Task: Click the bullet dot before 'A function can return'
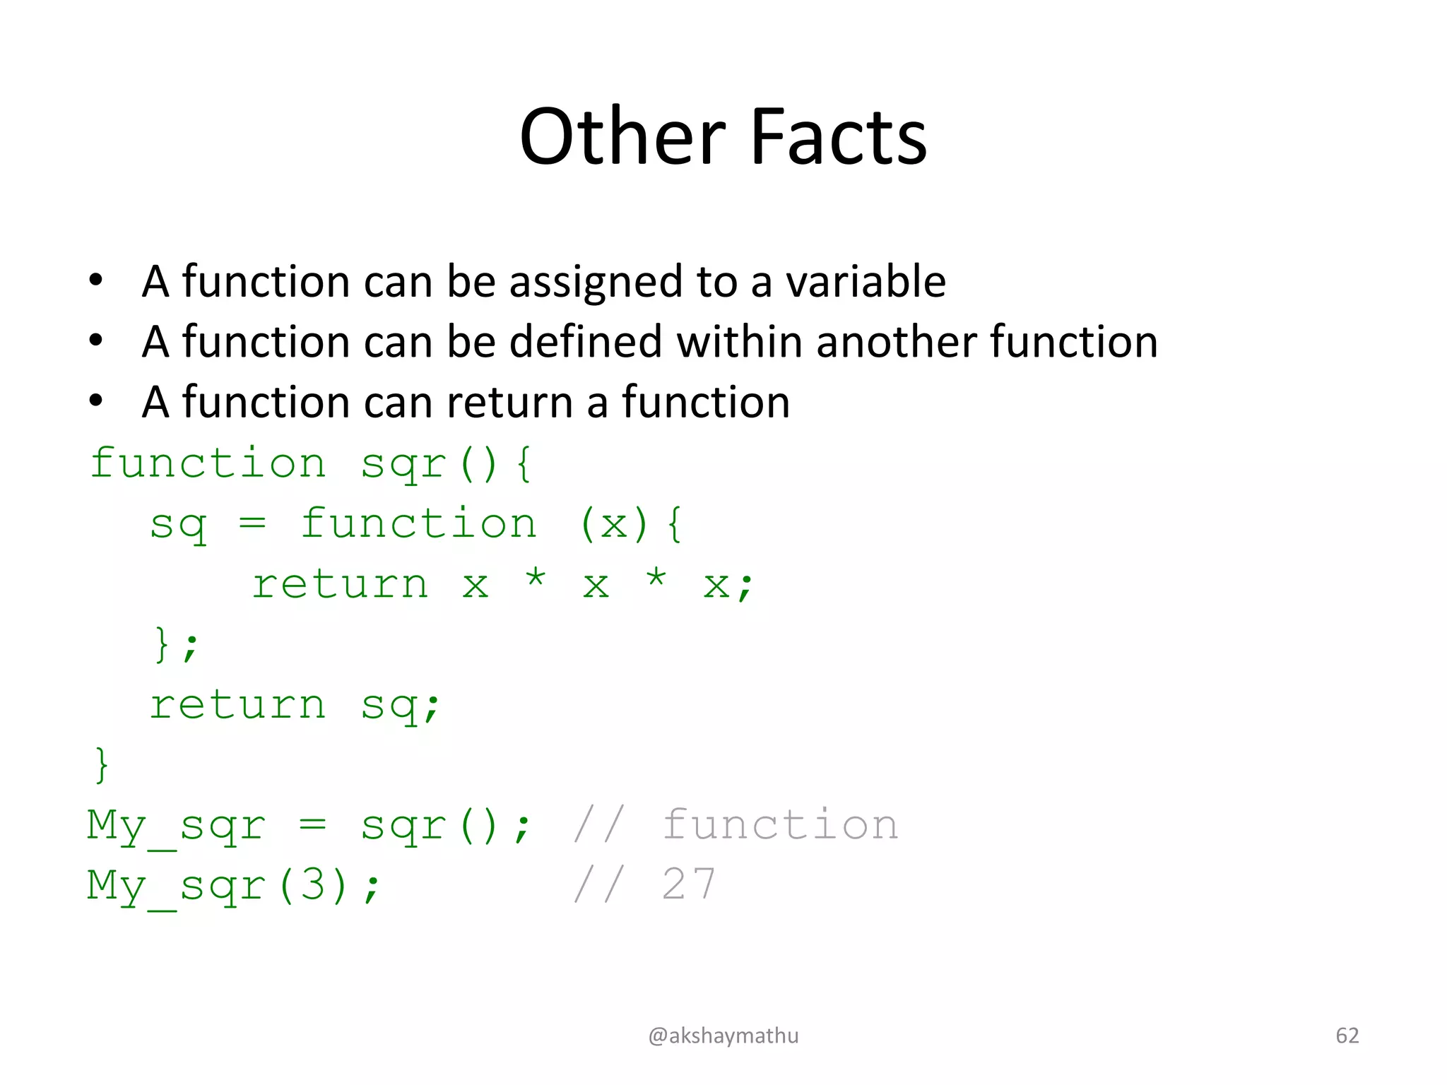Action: (96, 401)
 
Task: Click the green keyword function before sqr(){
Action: (208, 464)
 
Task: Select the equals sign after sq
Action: (252, 524)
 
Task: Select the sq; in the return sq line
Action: (401, 706)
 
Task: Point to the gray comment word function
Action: (780, 825)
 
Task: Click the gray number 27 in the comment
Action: (689, 885)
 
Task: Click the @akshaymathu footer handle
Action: (723, 1036)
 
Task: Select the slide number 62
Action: (1347, 1036)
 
